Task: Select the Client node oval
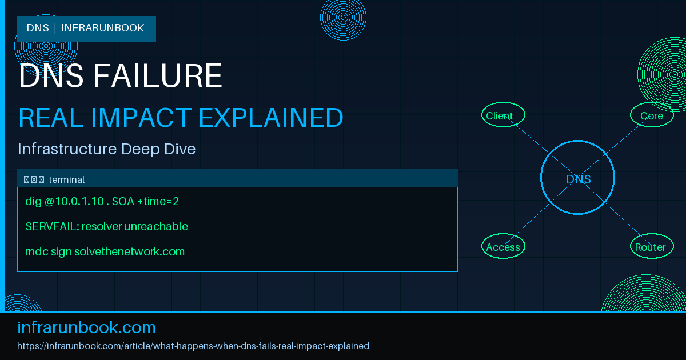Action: pyautogui.click(x=502, y=115)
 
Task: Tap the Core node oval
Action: pyautogui.click(x=652, y=115)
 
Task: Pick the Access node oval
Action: pyautogui.click(x=502, y=246)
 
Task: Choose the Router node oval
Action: pyautogui.click(x=651, y=246)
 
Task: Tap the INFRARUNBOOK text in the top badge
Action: pyautogui.click(x=103, y=28)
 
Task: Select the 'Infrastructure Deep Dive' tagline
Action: pyautogui.click(x=107, y=149)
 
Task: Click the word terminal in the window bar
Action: pyautogui.click(x=67, y=179)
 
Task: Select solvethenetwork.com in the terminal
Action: pyautogui.click(x=129, y=251)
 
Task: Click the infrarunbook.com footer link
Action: pyautogui.click(x=87, y=327)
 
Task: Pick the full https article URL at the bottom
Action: pyautogui.click(x=193, y=346)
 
